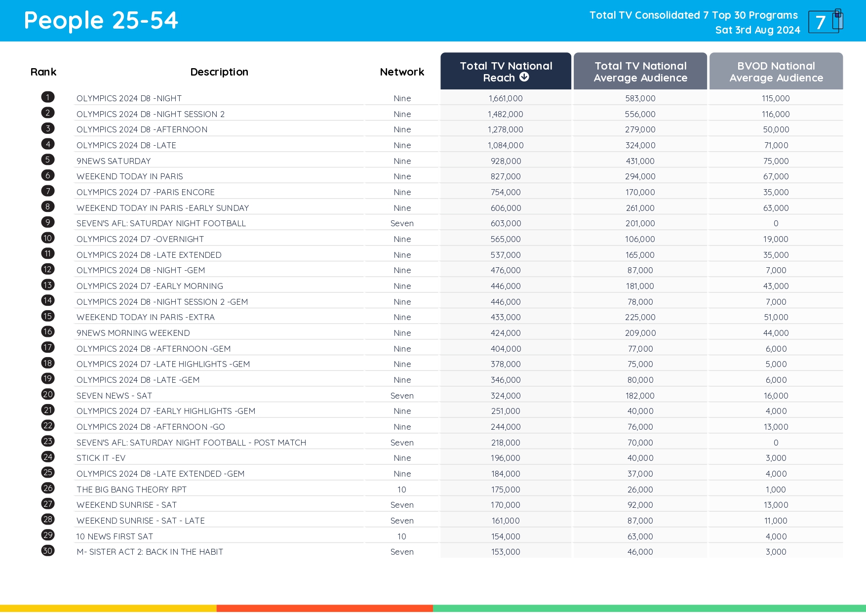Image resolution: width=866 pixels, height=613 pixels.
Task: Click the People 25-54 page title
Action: pyautogui.click(x=101, y=21)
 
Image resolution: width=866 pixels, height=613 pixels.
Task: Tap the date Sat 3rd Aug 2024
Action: pyautogui.click(x=757, y=30)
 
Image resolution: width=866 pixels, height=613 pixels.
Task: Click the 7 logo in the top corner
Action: pyautogui.click(x=825, y=21)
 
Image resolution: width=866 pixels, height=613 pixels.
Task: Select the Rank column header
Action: pyautogui.click(x=43, y=72)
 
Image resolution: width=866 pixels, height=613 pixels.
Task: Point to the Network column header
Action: pyautogui.click(x=402, y=72)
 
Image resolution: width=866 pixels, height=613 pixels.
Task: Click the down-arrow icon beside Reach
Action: pyautogui.click(x=524, y=77)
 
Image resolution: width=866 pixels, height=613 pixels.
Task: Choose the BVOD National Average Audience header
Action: pyautogui.click(x=776, y=72)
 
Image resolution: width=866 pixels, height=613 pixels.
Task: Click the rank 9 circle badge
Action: pyautogui.click(x=48, y=222)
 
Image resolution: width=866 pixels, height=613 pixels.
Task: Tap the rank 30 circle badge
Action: pyautogui.click(x=48, y=551)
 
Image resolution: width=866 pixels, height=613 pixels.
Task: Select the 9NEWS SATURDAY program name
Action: pyautogui.click(x=114, y=161)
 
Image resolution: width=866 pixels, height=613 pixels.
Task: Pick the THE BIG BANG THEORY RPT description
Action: pyautogui.click(x=131, y=490)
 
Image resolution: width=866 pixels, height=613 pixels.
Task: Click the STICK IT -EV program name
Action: pyautogui.click(x=101, y=458)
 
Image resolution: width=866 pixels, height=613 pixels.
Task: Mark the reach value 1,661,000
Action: pyautogui.click(x=506, y=98)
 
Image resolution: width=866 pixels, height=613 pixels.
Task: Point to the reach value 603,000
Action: pyautogui.click(x=506, y=223)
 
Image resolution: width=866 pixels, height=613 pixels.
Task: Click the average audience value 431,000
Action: pyautogui.click(x=640, y=161)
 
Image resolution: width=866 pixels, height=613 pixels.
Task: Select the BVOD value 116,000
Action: pyautogui.click(x=776, y=114)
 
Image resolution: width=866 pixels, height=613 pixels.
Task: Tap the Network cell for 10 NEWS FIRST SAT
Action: pyautogui.click(x=402, y=536)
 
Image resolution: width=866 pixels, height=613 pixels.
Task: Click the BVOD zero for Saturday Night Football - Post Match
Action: pyautogui.click(x=776, y=443)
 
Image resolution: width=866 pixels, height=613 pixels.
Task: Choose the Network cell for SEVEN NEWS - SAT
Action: pyautogui.click(x=402, y=396)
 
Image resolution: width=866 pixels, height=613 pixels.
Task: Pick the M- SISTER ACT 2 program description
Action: pyautogui.click(x=150, y=552)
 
